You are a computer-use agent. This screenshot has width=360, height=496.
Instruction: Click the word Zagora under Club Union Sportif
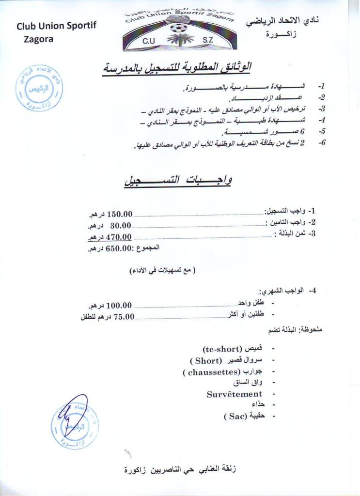(x=38, y=39)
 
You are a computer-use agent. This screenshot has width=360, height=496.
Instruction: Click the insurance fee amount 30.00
(x=121, y=225)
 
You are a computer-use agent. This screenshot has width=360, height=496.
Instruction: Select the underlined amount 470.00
(x=119, y=237)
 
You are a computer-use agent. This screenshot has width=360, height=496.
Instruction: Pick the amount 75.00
(x=124, y=317)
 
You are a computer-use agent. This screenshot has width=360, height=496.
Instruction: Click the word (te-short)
(x=222, y=349)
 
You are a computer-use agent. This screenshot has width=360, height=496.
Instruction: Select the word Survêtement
(x=235, y=394)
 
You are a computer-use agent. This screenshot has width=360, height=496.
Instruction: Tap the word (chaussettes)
(x=212, y=372)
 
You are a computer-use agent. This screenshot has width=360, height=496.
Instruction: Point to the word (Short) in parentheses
(x=205, y=360)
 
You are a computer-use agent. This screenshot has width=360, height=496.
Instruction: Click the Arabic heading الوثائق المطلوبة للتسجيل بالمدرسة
(x=177, y=68)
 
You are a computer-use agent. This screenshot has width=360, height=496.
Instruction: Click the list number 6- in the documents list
(x=321, y=144)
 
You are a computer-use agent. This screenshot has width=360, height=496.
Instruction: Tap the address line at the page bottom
(x=180, y=469)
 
